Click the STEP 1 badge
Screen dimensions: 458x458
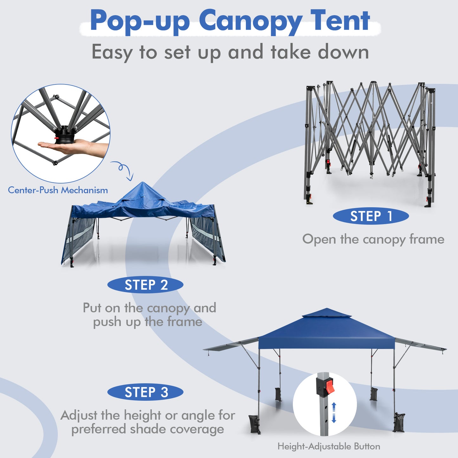click(x=371, y=216)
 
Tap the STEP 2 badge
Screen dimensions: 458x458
click(x=145, y=285)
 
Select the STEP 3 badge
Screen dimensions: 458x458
click(x=145, y=392)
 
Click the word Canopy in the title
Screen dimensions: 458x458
click(x=250, y=22)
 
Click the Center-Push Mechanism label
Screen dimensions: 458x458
click(x=58, y=190)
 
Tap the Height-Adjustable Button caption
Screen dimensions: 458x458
click(x=329, y=446)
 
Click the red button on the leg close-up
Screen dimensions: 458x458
click(x=330, y=386)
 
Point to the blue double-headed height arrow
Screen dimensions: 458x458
click(x=333, y=412)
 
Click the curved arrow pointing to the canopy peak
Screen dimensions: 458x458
click(x=124, y=170)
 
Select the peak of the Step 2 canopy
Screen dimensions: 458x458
click(x=143, y=184)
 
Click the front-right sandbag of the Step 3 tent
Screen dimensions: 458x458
click(x=399, y=422)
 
